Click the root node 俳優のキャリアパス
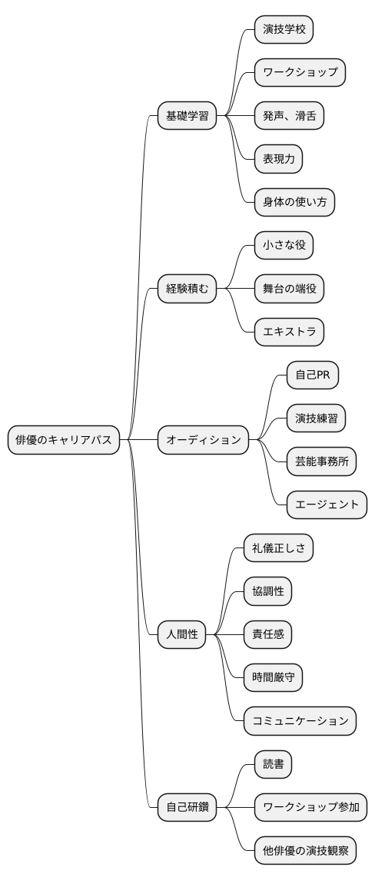pyautogui.click(x=64, y=440)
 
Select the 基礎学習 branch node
pyautogui.click(x=187, y=117)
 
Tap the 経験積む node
pyautogui.click(x=187, y=289)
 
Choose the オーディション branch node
pyautogui.click(x=204, y=440)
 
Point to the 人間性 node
pyautogui.click(x=182, y=634)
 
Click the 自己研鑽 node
pyautogui.click(x=187, y=807)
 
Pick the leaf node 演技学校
pyautogui.click(x=284, y=30)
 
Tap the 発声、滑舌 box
pyautogui.click(x=289, y=117)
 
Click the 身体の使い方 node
pyautogui.click(x=294, y=203)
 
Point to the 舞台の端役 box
pyautogui.click(x=289, y=289)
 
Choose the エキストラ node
pyautogui.click(x=289, y=332)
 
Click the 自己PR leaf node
pyautogui.click(x=312, y=375)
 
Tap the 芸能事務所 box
pyautogui.click(x=320, y=462)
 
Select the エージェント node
pyautogui.click(x=326, y=505)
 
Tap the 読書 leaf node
pyautogui.click(x=273, y=764)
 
